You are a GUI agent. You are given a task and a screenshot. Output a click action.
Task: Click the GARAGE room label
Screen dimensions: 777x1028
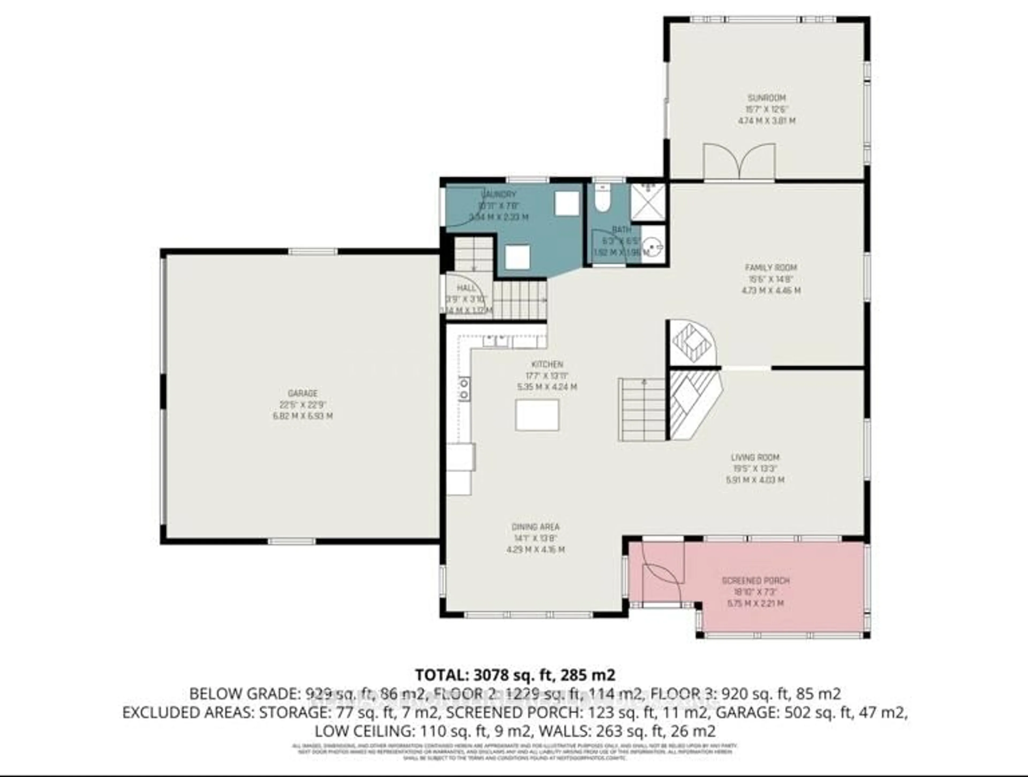pyautogui.click(x=303, y=393)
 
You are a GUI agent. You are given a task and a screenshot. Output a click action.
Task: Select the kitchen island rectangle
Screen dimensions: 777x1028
pyautogui.click(x=537, y=415)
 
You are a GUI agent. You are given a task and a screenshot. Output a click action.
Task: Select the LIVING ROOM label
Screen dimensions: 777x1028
pyautogui.click(x=755, y=457)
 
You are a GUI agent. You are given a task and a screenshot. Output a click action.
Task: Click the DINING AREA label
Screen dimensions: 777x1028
pyautogui.click(x=535, y=527)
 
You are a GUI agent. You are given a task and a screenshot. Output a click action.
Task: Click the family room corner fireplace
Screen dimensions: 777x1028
pyautogui.click(x=691, y=343)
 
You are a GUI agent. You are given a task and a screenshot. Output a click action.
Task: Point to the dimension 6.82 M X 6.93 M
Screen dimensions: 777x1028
pyautogui.click(x=303, y=416)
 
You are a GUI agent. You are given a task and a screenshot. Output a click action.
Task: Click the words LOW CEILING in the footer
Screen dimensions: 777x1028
pyautogui.click(x=365, y=731)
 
